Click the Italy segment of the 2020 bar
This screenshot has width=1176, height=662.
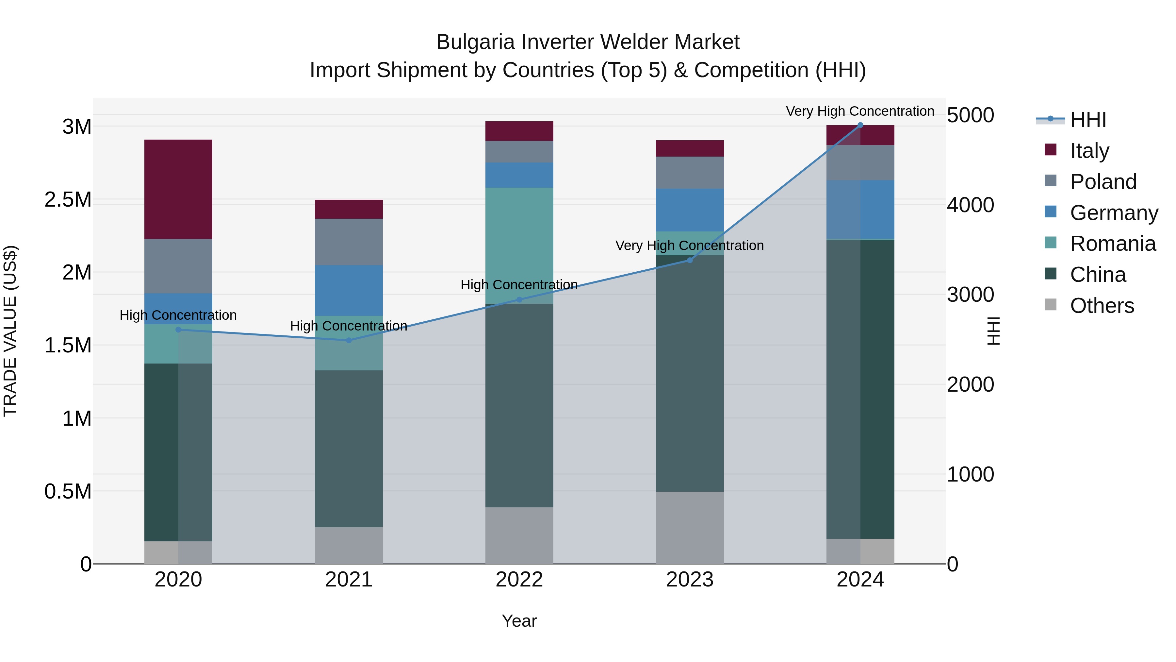(178, 189)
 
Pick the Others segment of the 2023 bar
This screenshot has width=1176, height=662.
(690, 527)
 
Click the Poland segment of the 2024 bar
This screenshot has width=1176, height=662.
(860, 163)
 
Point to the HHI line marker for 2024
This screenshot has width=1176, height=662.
(860, 125)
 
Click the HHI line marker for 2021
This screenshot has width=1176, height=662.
(349, 340)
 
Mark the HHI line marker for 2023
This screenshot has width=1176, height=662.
(690, 261)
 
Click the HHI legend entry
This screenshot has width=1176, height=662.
(1087, 120)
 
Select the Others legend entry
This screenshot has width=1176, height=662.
(1101, 306)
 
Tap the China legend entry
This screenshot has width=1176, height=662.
(1098, 275)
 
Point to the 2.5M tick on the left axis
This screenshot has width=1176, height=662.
(68, 200)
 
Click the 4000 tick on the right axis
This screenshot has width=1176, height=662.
(970, 205)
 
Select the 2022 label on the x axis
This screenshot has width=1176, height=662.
(519, 579)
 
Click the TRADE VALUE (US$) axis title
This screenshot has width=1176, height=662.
(10, 331)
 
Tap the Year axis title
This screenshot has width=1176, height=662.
(519, 621)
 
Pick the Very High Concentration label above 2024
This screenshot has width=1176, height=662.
(860, 111)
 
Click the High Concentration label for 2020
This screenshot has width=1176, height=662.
(178, 315)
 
